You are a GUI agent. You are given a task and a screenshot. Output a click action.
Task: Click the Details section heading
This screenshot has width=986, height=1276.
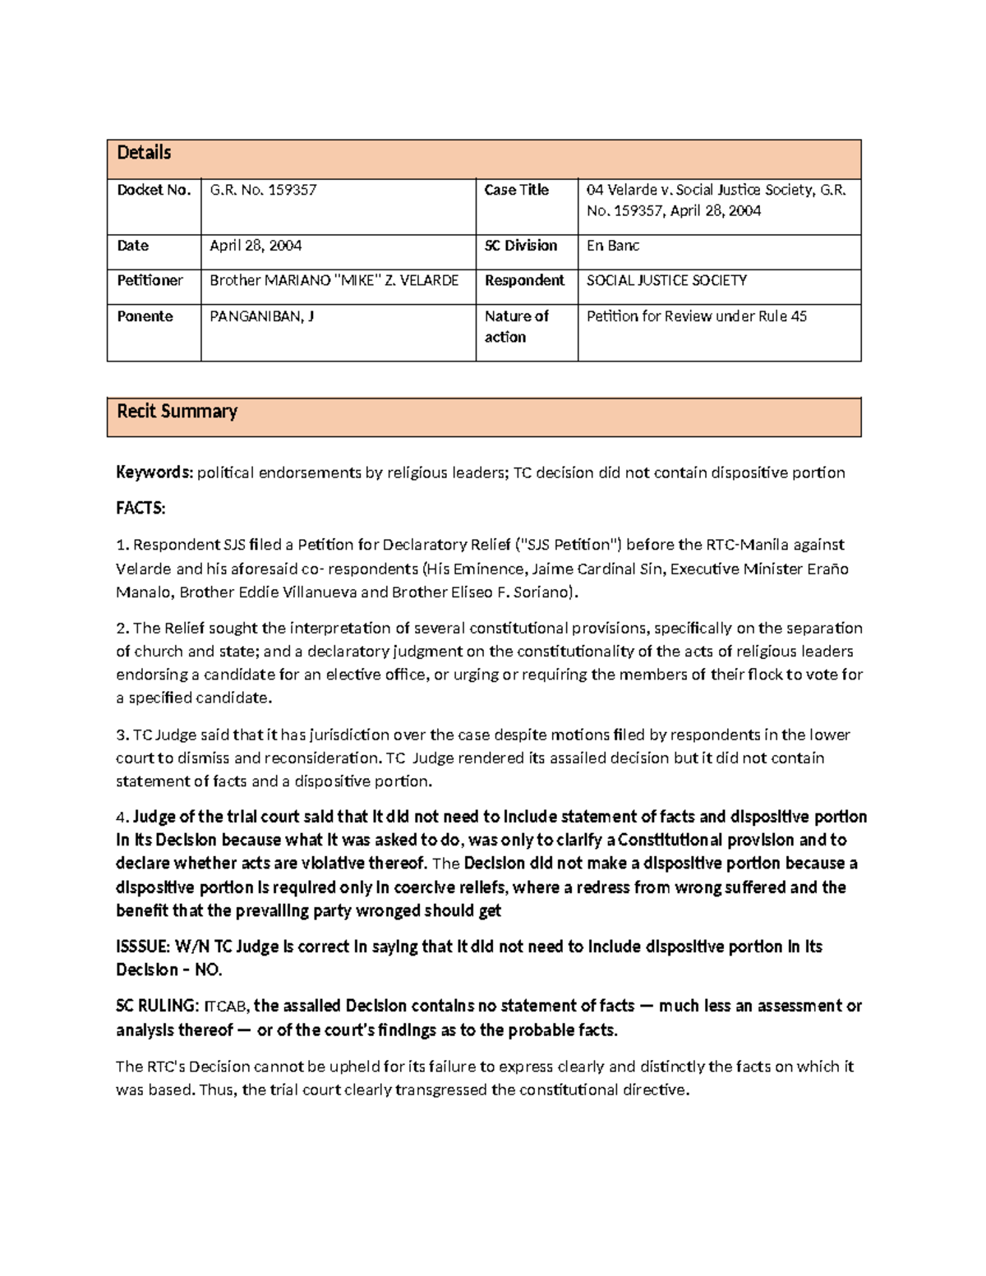(x=144, y=153)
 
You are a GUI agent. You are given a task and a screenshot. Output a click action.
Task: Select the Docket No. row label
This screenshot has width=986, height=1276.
(x=154, y=191)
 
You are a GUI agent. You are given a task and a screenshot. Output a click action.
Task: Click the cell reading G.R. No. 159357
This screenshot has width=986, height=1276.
(x=263, y=191)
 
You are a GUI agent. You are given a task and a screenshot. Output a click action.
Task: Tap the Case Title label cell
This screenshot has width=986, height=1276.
(x=516, y=191)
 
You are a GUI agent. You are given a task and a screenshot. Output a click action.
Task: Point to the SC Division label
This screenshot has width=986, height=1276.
(x=521, y=246)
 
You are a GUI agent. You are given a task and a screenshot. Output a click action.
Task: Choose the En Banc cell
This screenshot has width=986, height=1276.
(x=613, y=246)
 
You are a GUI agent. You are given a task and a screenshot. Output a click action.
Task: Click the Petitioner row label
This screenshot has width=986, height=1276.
(x=150, y=281)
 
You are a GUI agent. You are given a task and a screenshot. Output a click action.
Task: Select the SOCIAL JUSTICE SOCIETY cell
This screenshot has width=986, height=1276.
(x=666, y=281)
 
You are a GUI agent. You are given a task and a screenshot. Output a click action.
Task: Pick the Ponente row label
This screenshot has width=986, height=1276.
(x=145, y=316)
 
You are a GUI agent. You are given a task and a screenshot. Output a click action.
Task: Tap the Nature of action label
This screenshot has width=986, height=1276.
(x=516, y=326)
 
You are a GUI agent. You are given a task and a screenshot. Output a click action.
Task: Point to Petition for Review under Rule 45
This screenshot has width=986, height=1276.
(x=697, y=316)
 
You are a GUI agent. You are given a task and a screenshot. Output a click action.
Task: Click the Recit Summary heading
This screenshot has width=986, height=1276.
(x=177, y=412)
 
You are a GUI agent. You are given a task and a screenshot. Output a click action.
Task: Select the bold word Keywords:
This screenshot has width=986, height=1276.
(x=154, y=472)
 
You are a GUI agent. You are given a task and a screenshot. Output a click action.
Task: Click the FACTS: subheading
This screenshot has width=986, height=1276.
(x=141, y=509)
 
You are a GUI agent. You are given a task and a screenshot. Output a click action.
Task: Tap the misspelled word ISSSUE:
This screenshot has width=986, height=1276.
(x=143, y=947)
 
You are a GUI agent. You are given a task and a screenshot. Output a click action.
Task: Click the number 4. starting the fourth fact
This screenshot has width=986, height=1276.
(x=122, y=818)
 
